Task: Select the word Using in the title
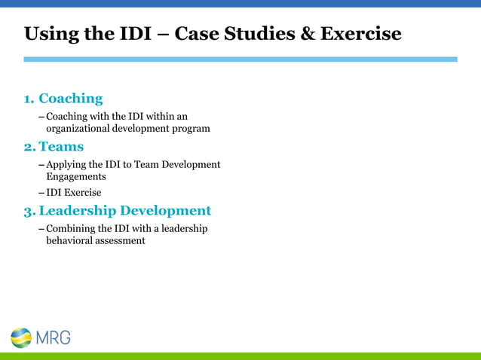48,34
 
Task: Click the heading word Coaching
70,99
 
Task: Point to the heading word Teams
61,146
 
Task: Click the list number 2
29,146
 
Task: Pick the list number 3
29,210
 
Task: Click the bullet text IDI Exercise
74,193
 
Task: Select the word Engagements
76,176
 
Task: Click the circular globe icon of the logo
22,337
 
